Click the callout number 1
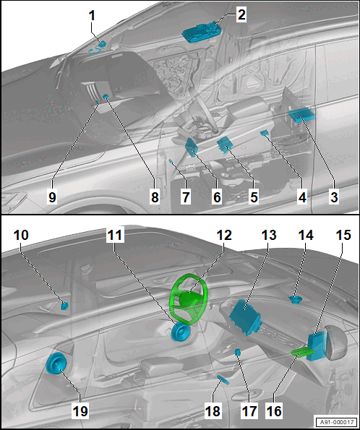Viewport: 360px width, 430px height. pos(93,16)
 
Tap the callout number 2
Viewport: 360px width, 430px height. pos(241,14)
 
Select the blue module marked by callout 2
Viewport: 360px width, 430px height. pos(202,33)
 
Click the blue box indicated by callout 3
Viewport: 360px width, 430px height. pos(301,115)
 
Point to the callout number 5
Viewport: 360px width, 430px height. pos(254,197)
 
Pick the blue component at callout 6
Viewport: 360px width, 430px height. pos(192,147)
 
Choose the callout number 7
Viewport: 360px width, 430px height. pos(186,197)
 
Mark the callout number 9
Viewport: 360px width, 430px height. pos(52,197)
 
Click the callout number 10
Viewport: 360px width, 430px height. pos(21,235)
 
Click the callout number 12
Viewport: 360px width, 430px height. pos(224,235)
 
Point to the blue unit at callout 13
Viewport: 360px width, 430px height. pos(245,317)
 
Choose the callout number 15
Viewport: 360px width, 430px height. pos(343,235)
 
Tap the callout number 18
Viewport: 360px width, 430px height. pos(213,410)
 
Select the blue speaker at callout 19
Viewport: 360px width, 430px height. pos(56,364)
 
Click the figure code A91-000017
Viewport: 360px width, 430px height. pos(336,422)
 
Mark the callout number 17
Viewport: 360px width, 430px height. pos(249,410)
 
